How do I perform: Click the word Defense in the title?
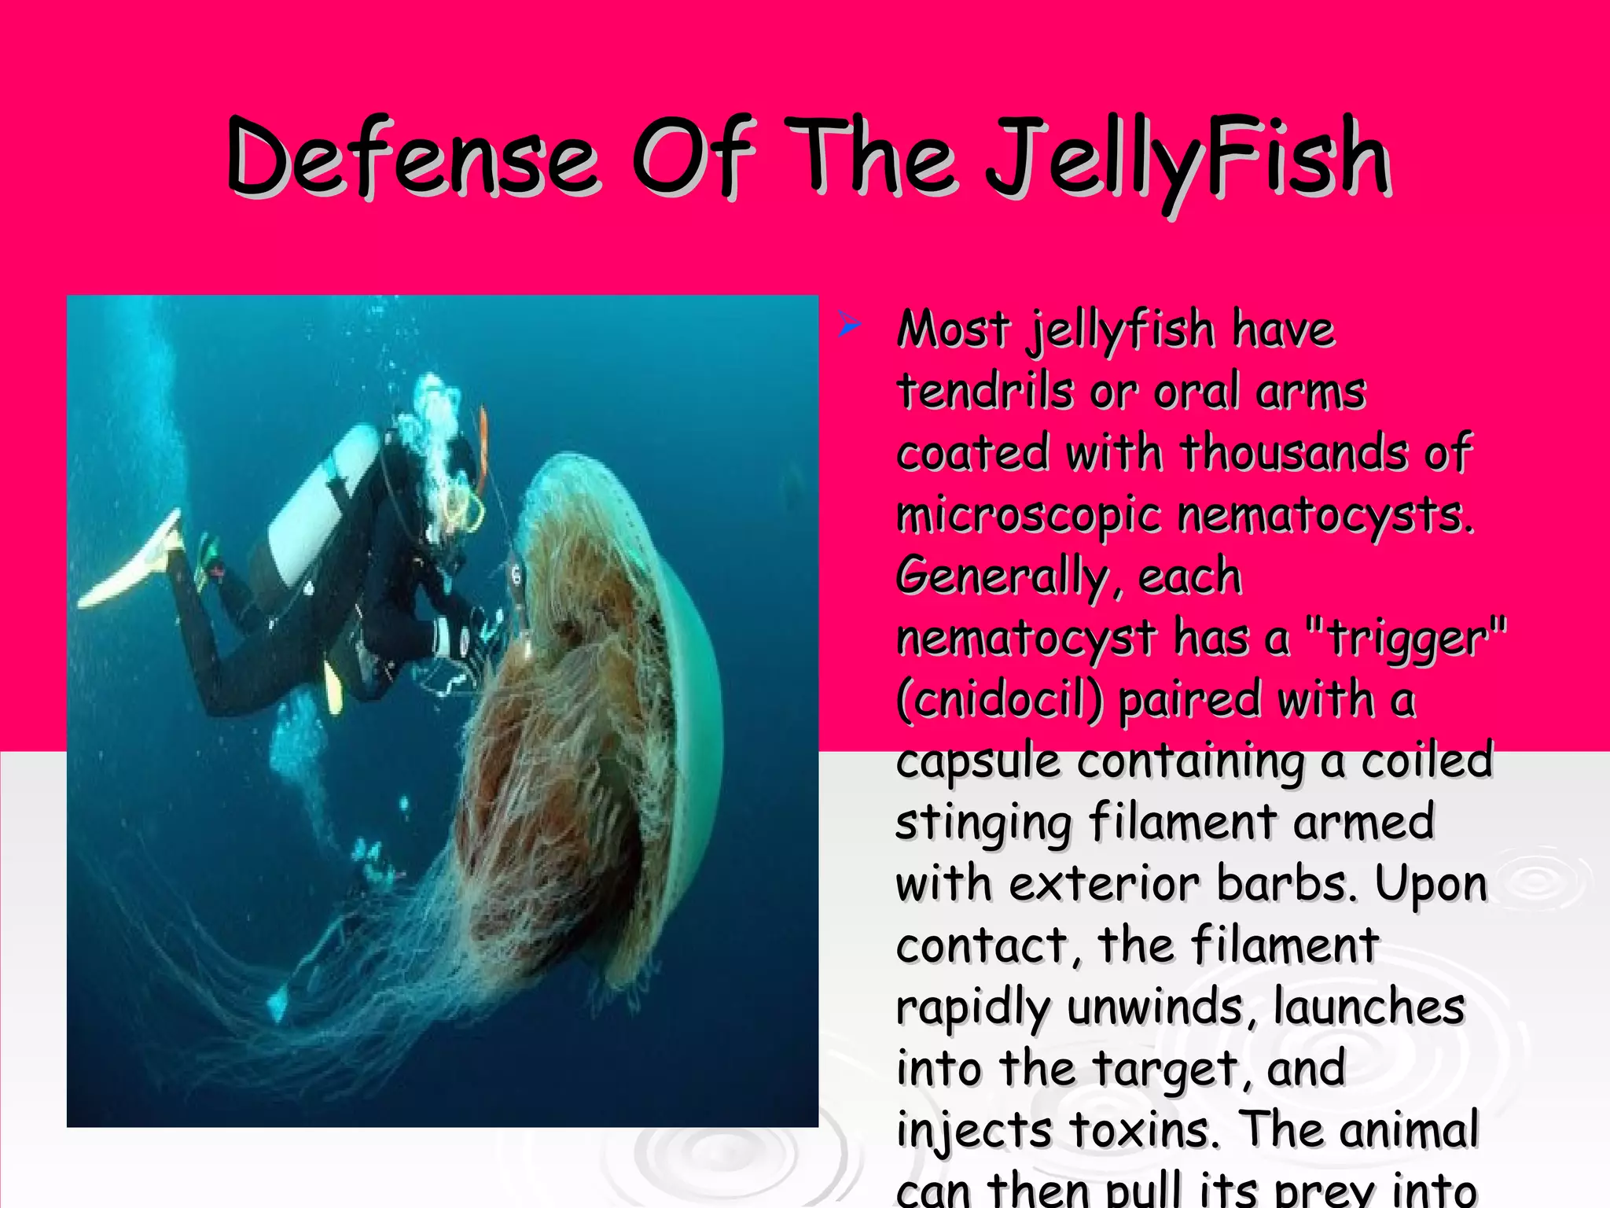tap(412, 157)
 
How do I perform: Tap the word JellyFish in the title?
tap(1187, 161)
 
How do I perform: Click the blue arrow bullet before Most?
tap(849, 323)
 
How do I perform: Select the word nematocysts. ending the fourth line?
tap(1324, 517)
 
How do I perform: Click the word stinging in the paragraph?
tap(983, 823)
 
